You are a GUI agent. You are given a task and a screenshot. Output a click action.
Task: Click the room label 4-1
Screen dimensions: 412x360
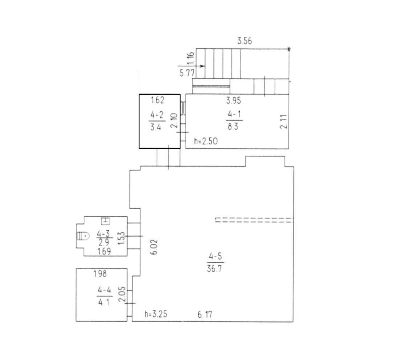[x=234, y=115]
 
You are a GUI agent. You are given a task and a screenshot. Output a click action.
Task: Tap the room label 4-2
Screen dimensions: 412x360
[x=157, y=115]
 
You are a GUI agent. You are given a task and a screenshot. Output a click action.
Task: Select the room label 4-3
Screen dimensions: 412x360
[x=103, y=234]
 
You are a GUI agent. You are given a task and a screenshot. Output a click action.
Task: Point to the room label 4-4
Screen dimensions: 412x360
[x=104, y=290]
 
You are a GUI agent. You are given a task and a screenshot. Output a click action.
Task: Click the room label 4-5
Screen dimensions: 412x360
[x=215, y=256]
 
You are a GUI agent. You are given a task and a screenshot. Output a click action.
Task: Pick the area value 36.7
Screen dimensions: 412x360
[x=214, y=269]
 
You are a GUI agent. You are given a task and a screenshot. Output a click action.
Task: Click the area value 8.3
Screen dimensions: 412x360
[x=233, y=127]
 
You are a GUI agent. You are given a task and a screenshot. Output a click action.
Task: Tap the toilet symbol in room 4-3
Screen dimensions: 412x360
[x=83, y=236]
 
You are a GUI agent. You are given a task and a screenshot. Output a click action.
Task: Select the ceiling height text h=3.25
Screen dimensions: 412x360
[x=156, y=314]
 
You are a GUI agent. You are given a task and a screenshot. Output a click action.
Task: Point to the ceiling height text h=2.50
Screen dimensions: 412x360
[x=206, y=141]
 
